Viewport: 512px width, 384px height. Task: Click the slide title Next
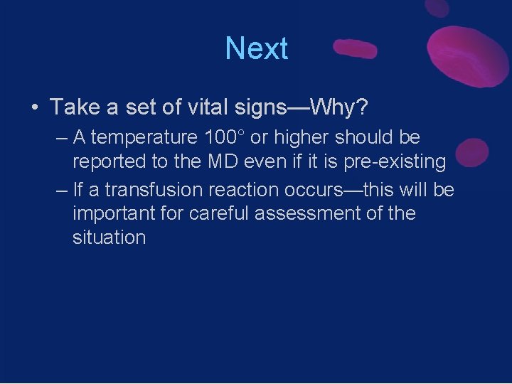(x=256, y=49)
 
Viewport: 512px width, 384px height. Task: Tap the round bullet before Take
(x=34, y=108)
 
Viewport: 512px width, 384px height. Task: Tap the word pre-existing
(x=395, y=161)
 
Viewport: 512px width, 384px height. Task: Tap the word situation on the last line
(x=109, y=238)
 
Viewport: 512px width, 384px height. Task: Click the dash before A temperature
(x=60, y=137)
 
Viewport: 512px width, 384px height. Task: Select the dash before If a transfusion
(x=60, y=190)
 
